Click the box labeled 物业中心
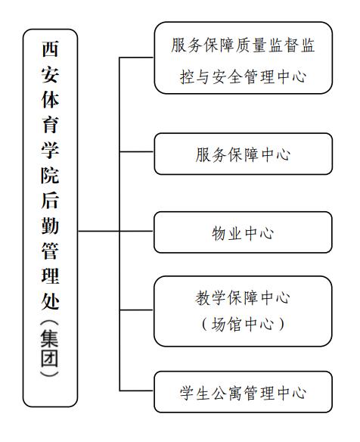coord(243,232)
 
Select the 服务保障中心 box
coord(244,154)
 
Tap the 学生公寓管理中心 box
coord(243,392)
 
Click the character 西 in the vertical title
coord(50,48)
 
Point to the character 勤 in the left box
coord(50,226)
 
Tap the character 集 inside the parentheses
coord(50,338)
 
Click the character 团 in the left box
coord(50,358)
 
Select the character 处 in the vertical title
coord(50,301)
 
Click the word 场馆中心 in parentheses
coord(242,324)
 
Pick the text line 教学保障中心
coord(242,297)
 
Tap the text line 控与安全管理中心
coord(243,76)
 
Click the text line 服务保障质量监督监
coord(243,45)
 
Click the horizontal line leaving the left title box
coord(98,231)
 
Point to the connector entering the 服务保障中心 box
coord(137,151)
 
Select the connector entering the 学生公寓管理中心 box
coord(137,391)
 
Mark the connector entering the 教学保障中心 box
coord(137,310)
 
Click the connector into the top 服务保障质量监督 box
coord(137,58)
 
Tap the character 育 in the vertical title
coord(50,125)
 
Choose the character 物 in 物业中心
coord(219,233)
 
